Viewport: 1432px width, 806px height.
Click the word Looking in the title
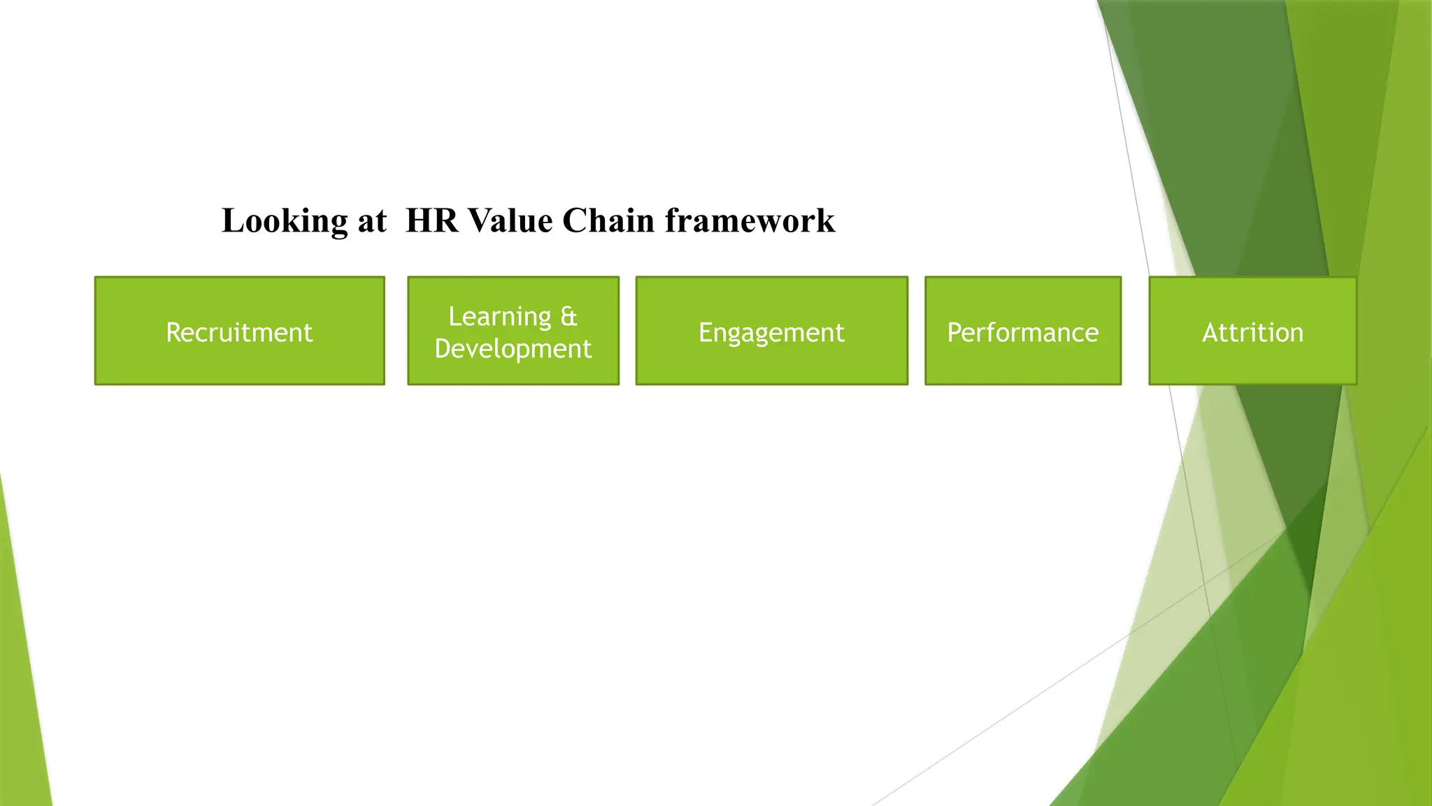284,221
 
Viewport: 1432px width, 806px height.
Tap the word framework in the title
750,220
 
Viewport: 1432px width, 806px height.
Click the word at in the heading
372,222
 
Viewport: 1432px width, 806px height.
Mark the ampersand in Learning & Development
568,316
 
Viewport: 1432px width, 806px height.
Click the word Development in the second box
513,348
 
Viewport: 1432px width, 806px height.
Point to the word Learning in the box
499,316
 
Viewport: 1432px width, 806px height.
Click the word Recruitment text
239,332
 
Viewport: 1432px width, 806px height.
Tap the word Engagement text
771,332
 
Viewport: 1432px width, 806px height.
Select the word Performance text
1022,332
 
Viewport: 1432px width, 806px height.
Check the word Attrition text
1252,332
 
